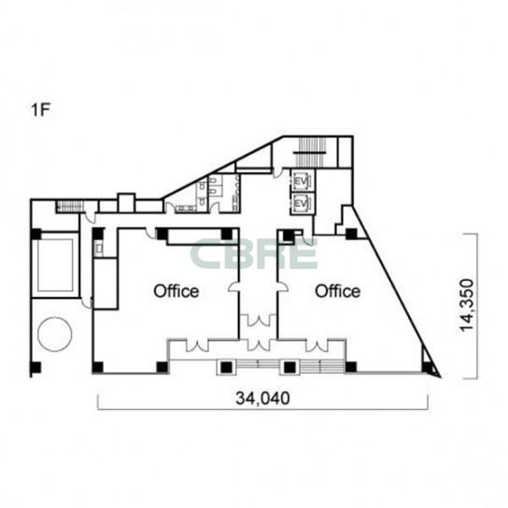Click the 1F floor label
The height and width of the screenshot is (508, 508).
tap(40, 110)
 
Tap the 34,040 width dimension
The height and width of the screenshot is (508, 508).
tap(262, 398)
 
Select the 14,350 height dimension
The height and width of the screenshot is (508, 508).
tap(467, 305)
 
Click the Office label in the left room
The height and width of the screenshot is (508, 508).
tap(176, 291)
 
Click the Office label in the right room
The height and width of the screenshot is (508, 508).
tap(338, 291)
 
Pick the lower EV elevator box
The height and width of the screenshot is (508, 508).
tap(303, 204)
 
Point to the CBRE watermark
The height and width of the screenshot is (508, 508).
tap(253, 254)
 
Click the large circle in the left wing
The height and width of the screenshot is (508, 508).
tap(55, 334)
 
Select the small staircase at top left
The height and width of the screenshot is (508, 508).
tap(69, 206)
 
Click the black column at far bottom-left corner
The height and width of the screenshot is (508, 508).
tap(35, 367)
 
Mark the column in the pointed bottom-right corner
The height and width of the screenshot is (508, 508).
tap(429, 367)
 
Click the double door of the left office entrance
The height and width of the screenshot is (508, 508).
tap(197, 346)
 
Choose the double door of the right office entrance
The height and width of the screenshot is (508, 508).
tap(317, 346)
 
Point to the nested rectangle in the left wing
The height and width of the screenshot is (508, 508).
tap(55, 264)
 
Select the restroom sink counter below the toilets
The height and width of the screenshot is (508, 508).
tap(186, 208)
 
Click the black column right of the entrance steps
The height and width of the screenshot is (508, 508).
tap(351, 367)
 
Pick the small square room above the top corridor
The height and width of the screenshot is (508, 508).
tap(126, 204)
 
